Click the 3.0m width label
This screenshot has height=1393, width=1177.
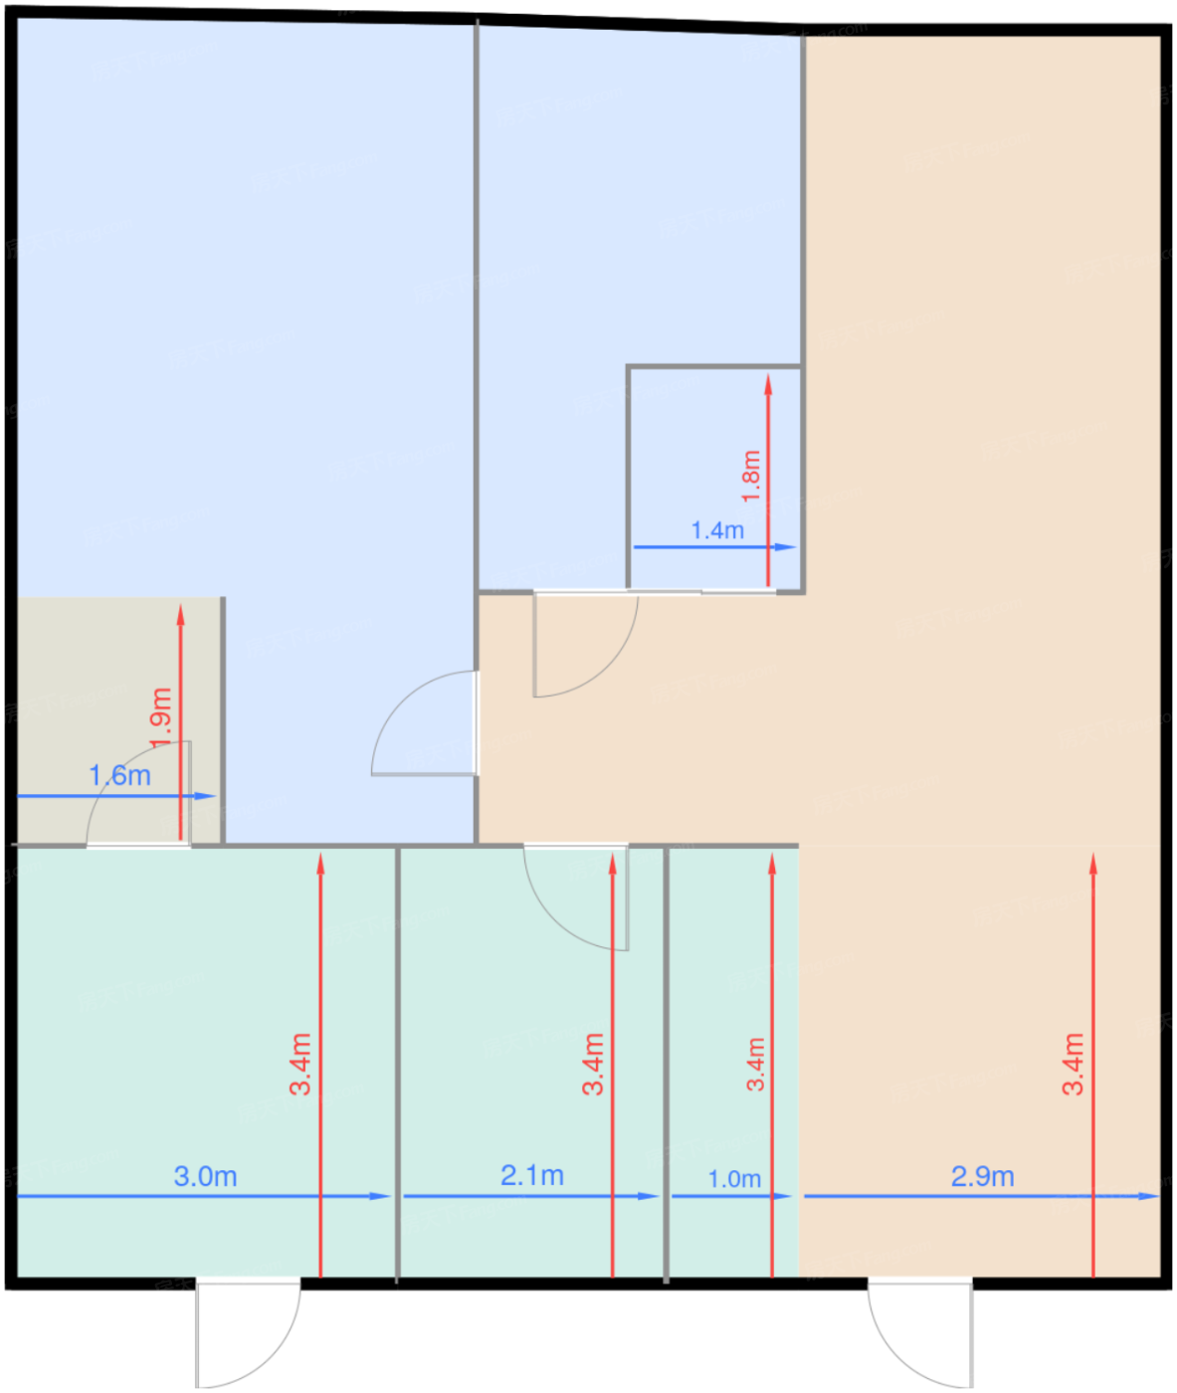click(x=206, y=1176)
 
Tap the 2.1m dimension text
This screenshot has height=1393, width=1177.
click(x=531, y=1175)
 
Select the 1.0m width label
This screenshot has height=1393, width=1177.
click(x=734, y=1179)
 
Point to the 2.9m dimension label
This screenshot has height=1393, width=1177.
click(x=982, y=1176)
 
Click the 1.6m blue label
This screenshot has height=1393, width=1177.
click(x=120, y=776)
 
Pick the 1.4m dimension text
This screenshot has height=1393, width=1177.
click(x=717, y=531)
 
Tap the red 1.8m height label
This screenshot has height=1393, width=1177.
click(x=751, y=477)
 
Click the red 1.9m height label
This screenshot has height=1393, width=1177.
click(x=161, y=718)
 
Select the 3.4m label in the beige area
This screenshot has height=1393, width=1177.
click(x=1073, y=1065)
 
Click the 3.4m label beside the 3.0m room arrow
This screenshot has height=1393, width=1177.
click(x=300, y=1065)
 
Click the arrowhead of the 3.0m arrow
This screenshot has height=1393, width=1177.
click(x=380, y=1196)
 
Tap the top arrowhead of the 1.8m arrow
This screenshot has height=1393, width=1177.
click(x=768, y=384)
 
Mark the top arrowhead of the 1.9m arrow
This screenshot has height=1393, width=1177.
click(x=181, y=615)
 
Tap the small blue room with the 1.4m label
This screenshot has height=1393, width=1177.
click(x=714, y=479)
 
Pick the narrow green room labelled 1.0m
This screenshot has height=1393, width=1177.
click(x=733, y=1063)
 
